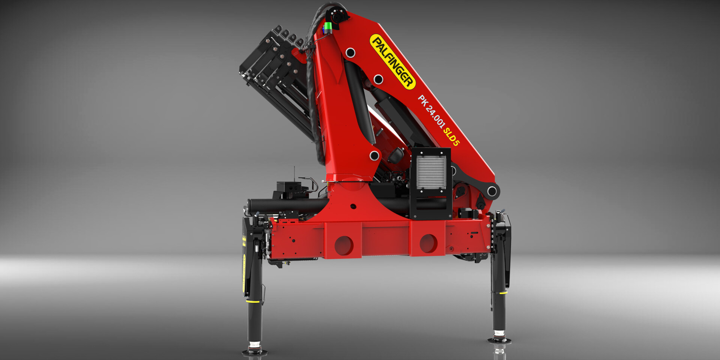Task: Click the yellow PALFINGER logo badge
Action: click(393, 62)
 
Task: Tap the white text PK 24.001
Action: click(431, 111)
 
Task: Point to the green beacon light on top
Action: click(328, 27)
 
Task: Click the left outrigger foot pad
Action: click(255, 352)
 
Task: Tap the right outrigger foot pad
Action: click(499, 340)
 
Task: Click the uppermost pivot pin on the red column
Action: click(350, 53)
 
